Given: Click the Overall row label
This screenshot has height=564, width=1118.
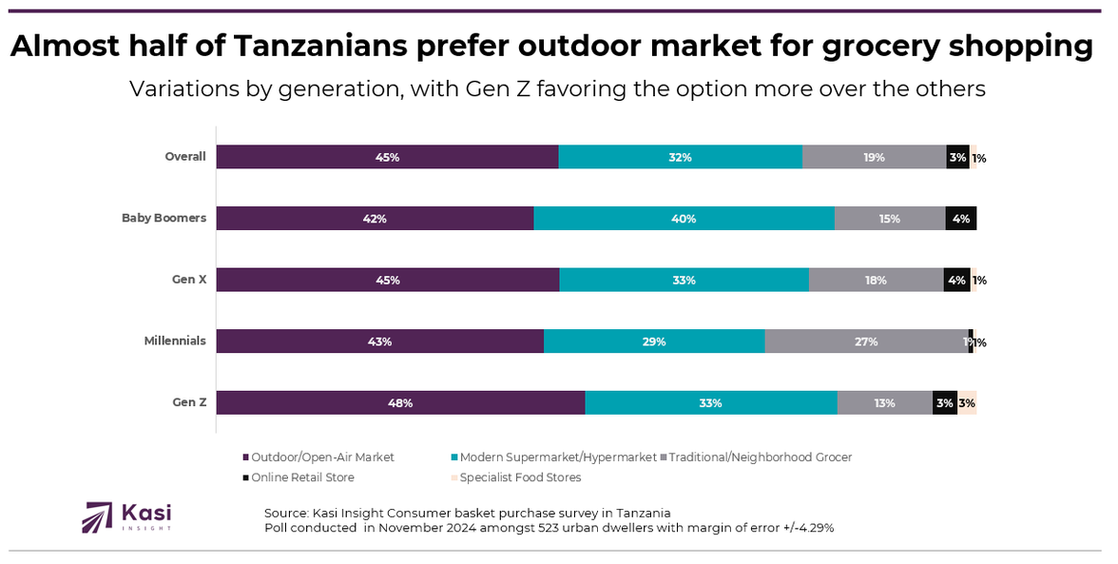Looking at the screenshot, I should [184, 157].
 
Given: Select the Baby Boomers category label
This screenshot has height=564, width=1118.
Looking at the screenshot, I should [164, 218].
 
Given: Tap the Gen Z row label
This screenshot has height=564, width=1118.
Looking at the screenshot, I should [188, 402].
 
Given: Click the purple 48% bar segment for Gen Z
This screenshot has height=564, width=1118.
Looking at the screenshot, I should [400, 402].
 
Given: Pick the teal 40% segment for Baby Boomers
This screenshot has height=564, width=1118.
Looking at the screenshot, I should [684, 219].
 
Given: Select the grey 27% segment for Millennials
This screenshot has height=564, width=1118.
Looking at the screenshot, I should [866, 341].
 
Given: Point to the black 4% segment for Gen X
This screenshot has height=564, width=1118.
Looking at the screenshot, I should [956, 280].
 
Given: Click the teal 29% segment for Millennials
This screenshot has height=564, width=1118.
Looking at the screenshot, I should [654, 341].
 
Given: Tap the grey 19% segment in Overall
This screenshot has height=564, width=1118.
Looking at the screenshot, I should [874, 157].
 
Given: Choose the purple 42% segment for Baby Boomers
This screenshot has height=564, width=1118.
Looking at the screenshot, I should [375, 219].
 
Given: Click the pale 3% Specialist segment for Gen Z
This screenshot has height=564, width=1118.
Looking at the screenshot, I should [967, 402].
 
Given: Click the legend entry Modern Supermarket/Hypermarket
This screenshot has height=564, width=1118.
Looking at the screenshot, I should [558, 457].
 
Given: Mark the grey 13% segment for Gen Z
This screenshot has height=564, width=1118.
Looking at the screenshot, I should [884, 402].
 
